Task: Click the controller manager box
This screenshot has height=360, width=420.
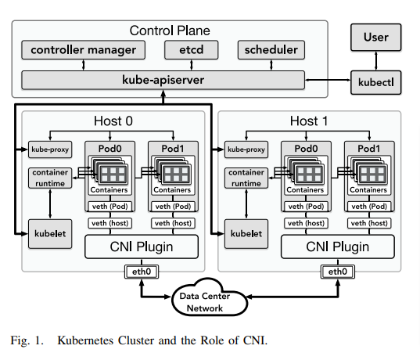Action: click(x=84, y=50)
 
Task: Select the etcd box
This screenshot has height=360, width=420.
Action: click(x=192, y=50)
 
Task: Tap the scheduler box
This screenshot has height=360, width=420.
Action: click(x=271, y=50)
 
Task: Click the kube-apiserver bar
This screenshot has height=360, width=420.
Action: click(x=163, y=80)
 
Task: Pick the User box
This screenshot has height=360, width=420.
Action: click(x=375, y=38)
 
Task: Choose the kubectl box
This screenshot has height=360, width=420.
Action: click(x=375, y=82)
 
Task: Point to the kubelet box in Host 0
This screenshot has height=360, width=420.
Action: click(x=50, y=234)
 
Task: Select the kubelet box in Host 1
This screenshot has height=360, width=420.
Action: click(x=246, y=234)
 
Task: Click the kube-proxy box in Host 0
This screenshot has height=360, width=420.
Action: click(x=50, y=149)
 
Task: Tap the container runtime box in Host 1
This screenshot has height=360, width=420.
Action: click(x=246, y=178)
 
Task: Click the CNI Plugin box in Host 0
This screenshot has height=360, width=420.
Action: click(x=142, y=247)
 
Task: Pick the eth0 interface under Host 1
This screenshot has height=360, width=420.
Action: click(x=338, y=272)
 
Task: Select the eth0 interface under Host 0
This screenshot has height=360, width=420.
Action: click(x=142, y=272)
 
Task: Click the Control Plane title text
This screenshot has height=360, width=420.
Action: click(x=170, y=31)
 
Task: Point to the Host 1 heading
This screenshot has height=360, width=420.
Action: click(x=309, y=121)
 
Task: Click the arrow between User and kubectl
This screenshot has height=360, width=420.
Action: click(x=375, y=61)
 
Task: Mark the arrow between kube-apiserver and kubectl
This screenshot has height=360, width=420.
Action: click(x=328, y=80)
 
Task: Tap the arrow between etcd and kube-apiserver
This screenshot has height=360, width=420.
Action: click(x=192, y=65)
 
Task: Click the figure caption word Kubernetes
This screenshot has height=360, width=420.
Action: click(x=86, y=340)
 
